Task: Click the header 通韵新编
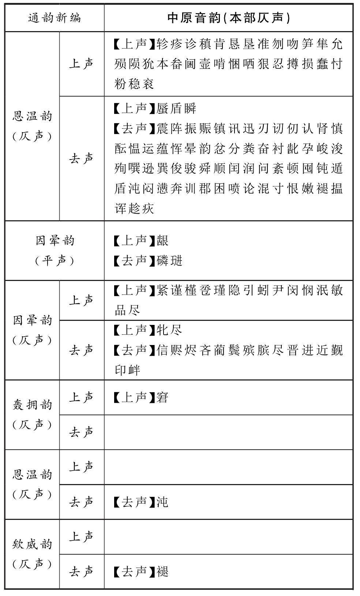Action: (x=55, y=18)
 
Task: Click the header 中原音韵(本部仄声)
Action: (x=229, y=18)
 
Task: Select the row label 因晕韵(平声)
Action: (x=55, y=251)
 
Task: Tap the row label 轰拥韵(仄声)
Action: (x=32, y=415)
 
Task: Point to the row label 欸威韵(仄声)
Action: (x=32, y=554)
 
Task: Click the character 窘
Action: (x=162, y=397)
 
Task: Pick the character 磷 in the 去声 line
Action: (x=162, y=261)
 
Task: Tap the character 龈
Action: (x=162, y=241)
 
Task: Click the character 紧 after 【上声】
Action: (x=162, y=290)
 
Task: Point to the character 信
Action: (x=162, y=351)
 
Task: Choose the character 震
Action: (x=162, y=128)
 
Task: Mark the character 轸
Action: (x=162, y=44)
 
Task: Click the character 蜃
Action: (x=162, y=108)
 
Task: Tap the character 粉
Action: (x=120, y=84)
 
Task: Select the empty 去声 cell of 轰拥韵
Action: (x=229, y=432)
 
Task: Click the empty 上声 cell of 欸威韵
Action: (x=229, y=537)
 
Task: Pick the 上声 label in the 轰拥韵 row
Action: (x=81, y=397)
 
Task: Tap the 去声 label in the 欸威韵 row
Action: (x=81, y=571)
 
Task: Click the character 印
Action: (x=120, y=370)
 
